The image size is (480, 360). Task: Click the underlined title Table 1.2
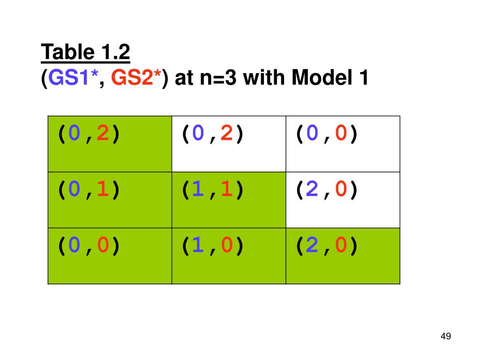coord(85,52)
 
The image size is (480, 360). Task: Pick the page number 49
coord(446,336)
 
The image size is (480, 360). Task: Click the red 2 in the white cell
coord(226,135)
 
